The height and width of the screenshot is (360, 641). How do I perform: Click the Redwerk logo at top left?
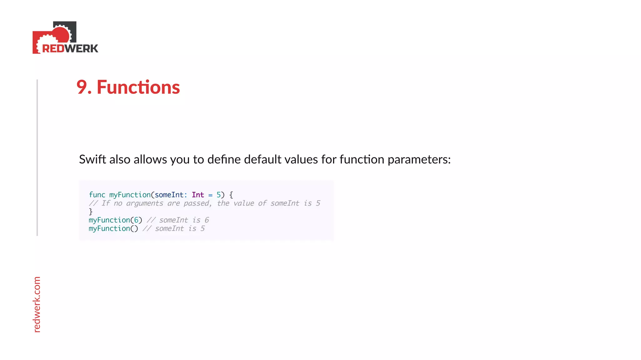[x=65, y=38]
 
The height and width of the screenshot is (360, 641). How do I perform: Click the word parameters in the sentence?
[x=419, y=160]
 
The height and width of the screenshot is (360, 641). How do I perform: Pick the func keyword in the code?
[x=97, y=195]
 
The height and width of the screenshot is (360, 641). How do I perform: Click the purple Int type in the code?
[x=198, y=195]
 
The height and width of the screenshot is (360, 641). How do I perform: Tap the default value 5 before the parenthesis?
[x=218, y=195]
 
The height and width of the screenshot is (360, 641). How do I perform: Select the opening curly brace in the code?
[x=231, y=195]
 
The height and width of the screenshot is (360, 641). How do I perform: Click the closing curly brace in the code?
[x=91, y=212]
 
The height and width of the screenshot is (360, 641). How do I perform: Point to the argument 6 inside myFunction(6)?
[x=136, y=220]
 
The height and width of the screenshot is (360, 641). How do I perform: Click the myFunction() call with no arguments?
[x=113, y=229]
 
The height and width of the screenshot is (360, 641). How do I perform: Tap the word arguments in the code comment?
[x=145, y=204]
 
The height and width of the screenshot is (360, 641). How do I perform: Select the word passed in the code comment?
[x=197, y=204]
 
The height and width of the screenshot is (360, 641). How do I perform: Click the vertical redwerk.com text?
[x=37, y=304]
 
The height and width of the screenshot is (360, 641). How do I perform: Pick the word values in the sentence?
[x=302, y=159]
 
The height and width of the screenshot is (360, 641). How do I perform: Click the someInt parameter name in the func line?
[x=169, y=195]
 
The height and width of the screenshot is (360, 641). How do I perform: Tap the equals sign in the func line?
[x=210, y=195]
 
